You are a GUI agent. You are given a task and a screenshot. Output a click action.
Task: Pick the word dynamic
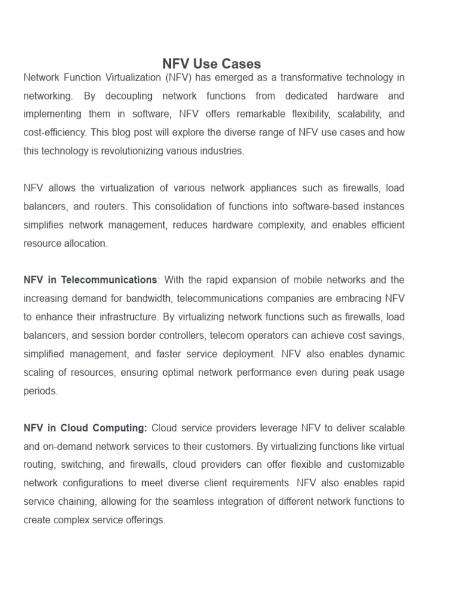pos(384,354)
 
